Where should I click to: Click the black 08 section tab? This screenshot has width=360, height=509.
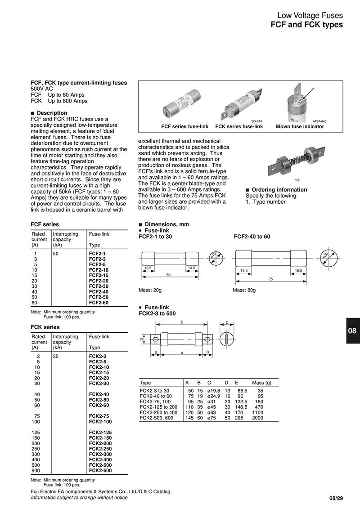click(352, 330)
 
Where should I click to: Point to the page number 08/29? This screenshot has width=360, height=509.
click(336, 498)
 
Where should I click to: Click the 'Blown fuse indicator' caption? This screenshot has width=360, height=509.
click(299, 127)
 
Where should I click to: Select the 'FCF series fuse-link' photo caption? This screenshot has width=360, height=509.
click(184, 127)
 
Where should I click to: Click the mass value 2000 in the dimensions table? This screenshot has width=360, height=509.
click(258, 418)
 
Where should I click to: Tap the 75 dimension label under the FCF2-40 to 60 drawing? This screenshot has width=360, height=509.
click(271, 279)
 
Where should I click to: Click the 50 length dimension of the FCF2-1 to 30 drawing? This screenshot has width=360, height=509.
click(168, 274)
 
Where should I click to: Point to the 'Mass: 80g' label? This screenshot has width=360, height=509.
click(244, 290)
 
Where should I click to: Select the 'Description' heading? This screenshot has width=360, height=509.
click(52, 113)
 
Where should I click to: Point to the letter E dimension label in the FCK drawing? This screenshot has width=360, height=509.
click(181, 322)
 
